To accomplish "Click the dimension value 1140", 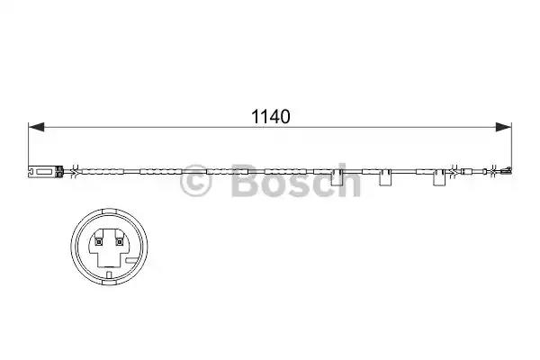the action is tap(271, 117).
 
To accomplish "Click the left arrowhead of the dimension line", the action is tap(36, 127).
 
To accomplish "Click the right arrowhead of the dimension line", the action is tap(503, 127).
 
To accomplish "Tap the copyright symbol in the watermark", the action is tap(195, 182).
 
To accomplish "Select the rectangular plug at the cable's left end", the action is tap(45, 171).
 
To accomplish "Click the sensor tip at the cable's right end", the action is tap(507, 170).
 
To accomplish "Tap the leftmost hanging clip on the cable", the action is tap(337, 178).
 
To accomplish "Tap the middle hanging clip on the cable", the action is tap(385, 178).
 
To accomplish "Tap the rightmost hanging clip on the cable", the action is tap(439, 178).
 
